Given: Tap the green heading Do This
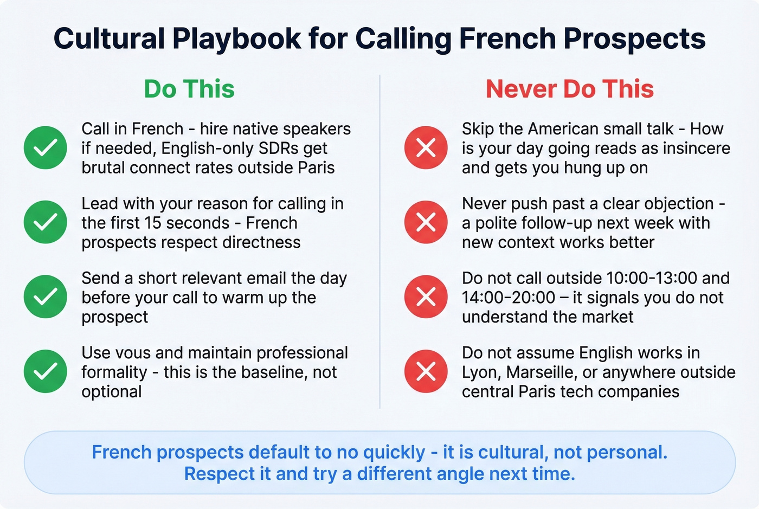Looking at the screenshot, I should tap(189, 89).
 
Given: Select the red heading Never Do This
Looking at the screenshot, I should tap(570, 89).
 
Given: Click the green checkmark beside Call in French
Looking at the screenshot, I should tap(46, 147).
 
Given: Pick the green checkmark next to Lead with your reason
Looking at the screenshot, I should tap(46, 222).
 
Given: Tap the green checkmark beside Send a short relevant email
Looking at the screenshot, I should tap(46, 297).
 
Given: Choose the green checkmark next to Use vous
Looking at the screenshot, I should tap(46, 371).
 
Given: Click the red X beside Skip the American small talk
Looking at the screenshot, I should tap(426, 147).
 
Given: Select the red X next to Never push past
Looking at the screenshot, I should tap(426, 222).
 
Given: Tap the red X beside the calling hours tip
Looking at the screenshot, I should tap(426, 297).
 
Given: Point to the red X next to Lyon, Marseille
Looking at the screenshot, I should tap(426, 371).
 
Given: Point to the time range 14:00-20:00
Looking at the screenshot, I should tap(509, 298).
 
